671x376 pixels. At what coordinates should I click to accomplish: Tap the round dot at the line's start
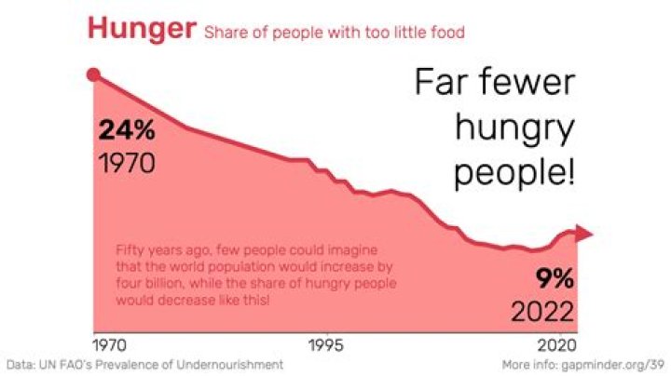click(x=92, y=75)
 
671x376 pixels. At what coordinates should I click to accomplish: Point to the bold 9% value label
click(x=555, y=276)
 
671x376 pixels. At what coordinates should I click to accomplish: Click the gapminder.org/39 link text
click(x=611, y=363)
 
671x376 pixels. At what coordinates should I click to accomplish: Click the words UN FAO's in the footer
click(x=63, y=363)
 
